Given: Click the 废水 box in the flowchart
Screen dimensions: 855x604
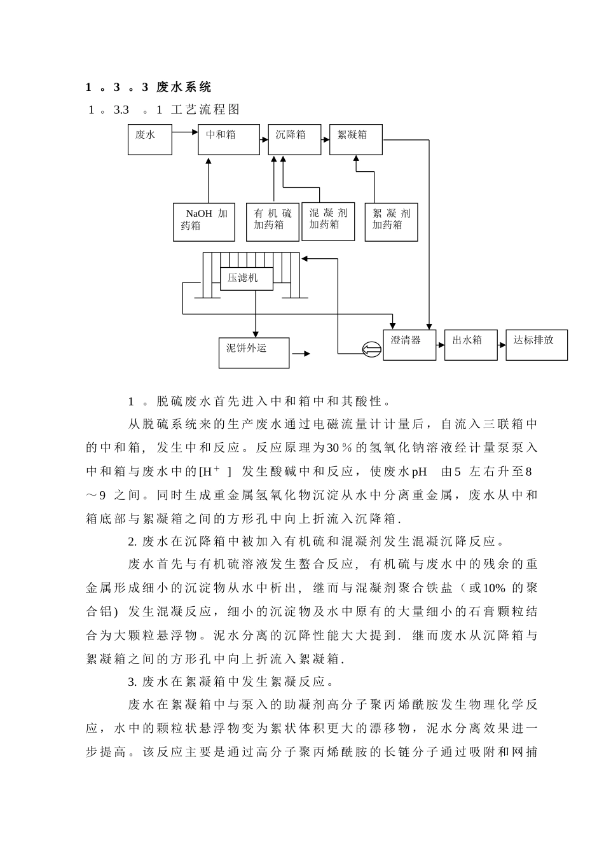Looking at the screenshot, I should [150, 139].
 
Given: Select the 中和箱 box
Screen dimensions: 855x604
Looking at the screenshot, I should [229, 139].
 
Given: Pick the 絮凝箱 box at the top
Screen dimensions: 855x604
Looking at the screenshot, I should [355, 139].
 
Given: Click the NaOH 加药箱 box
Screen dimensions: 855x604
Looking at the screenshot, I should [203, 222].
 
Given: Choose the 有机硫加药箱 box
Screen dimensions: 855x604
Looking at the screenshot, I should [272, 222].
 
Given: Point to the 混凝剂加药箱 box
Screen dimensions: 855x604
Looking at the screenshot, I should [328, 221].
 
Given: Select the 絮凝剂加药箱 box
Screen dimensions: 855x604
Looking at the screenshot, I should [391, 222].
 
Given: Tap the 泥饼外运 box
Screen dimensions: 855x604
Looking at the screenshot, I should [254, 352].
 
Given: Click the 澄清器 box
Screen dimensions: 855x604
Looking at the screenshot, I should [409, 345].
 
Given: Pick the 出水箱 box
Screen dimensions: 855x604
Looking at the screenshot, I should [470, 345].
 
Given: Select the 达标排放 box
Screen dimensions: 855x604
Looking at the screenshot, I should [536, 345].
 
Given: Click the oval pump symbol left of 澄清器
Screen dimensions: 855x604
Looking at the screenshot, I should [370, 349].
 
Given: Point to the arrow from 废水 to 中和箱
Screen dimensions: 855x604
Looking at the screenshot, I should [185, 133].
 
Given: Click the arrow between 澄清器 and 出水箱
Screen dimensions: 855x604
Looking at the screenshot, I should [440, 343].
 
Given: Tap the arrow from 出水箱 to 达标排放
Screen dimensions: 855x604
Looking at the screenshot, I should [502, 343].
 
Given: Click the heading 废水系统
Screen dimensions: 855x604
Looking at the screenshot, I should [184, 87].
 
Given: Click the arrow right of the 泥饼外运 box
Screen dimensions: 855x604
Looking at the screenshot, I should [301, 354].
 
